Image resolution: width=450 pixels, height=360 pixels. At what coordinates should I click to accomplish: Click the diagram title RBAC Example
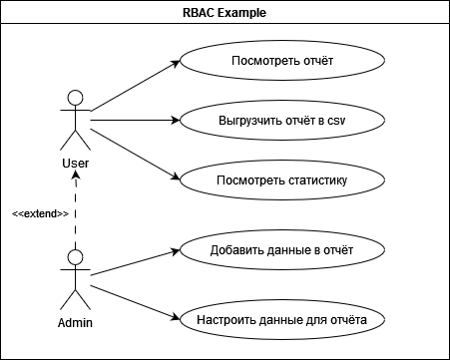[x=225, y=14]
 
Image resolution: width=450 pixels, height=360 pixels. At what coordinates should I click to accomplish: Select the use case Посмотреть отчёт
[x=281, y=62]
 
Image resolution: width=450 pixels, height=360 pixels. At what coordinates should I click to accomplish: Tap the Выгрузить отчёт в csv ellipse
[x=281, y=121]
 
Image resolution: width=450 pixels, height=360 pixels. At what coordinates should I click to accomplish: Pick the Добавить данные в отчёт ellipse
[x=281, y=248]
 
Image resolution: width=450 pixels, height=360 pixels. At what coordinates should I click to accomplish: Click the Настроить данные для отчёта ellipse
[x=281, y=320]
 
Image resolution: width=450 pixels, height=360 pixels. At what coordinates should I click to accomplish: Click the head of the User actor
[x=73, y=98]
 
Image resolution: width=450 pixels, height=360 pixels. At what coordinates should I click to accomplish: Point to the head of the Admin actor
[x=73, y=256]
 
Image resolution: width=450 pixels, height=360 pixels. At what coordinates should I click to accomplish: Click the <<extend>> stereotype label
[x=40, y=213]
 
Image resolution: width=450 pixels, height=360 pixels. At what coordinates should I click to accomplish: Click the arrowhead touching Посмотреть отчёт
[x=176, y=64]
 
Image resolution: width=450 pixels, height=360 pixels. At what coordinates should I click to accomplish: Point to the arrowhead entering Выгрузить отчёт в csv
[x=176, y=121]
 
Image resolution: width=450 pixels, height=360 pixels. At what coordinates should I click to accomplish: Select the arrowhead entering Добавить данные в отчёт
[x=176, y=249]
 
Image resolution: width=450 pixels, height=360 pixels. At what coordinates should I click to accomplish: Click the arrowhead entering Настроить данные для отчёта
[x=176, y=319]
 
